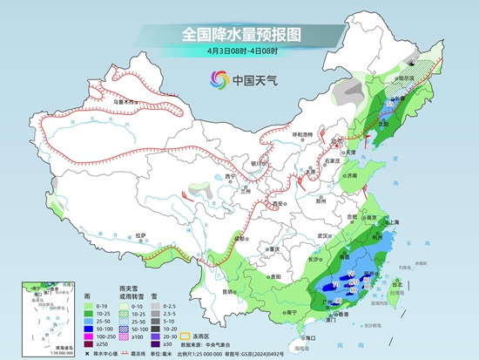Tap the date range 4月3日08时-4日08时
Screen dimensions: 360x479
click(239, 51)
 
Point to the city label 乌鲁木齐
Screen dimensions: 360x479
click(126, 102)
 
